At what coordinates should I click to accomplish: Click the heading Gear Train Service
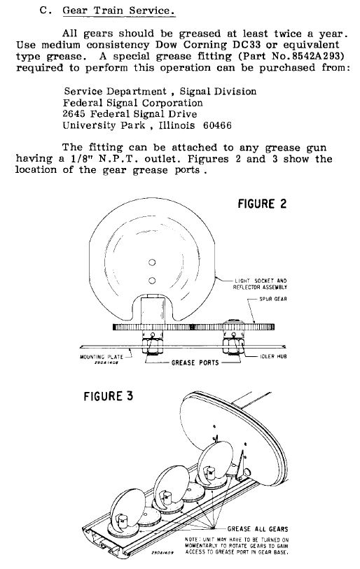pos(118,10)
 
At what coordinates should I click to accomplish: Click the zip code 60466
pos(217,125)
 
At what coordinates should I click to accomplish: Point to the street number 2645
pos(74,114)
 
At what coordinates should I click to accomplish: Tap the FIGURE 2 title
pos(262,204)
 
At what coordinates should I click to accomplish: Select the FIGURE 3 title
pos(109,396)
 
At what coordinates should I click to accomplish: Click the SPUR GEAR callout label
pos(273,299)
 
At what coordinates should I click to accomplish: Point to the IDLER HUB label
pos(273,356)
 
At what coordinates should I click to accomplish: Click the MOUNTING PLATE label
pos(102,357)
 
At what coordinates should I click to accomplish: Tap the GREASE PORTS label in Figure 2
pos(195,363)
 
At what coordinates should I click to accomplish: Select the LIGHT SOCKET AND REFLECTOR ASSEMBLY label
pos(260,283)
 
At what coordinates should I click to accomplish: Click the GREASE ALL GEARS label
pos(258,529)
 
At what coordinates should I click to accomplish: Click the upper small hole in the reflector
pos(152,262)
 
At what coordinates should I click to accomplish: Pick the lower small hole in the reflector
pos(152,280)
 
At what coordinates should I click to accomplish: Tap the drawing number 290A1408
pos(106,362)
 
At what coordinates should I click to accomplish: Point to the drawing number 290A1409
pos(162,553)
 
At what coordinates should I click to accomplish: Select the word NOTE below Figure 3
pos(191,540)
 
